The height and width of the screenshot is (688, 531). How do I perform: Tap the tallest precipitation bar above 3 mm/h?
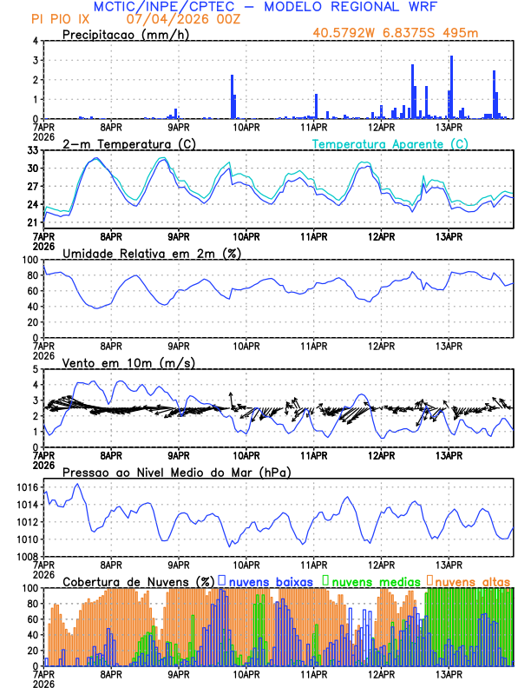coord(452,87)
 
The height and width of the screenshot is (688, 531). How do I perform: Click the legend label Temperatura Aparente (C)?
coord(390,143)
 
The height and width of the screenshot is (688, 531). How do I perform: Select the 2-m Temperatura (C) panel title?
coord(129,143)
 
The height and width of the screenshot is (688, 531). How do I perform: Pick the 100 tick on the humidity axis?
coord(29,260)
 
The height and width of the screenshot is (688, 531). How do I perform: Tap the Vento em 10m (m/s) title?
coord(129,362)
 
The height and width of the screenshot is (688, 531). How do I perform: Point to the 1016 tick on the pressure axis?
coord(26,488)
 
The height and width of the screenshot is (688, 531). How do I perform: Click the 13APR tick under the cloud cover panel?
coord(449,673)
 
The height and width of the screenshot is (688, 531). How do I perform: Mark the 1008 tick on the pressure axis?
coord(26,556)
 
